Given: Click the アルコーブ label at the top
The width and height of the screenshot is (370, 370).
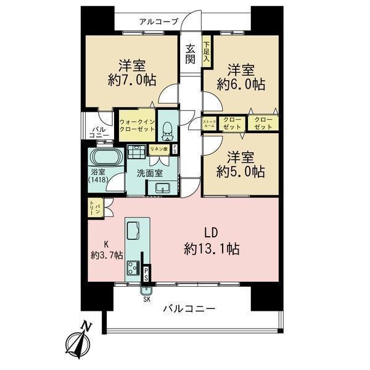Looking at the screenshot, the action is point(158,22).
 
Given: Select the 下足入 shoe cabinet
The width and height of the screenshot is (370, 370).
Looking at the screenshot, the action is point(207,51).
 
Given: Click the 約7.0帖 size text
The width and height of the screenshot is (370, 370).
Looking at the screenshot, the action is point(132,80).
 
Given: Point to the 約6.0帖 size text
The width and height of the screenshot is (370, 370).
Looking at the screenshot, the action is point(241,84).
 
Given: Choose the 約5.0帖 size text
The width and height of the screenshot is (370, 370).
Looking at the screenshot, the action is point(240,171).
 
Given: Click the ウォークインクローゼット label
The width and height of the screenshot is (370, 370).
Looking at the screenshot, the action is point(137,125).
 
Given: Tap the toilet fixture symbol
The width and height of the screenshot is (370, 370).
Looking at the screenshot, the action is point(168,131).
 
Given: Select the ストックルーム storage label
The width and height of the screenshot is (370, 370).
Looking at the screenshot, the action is point(209,124).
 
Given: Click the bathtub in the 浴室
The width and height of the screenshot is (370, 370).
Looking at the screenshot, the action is point(106,157).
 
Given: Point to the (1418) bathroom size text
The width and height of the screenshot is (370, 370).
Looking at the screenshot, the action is point(99,180).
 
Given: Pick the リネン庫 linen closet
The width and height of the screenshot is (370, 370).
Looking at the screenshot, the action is point(159,150).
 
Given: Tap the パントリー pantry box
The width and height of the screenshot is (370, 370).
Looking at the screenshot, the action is point(96,208).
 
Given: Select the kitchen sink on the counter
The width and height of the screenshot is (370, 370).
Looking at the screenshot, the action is point(133,230).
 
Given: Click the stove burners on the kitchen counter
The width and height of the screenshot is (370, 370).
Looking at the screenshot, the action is point(133,268).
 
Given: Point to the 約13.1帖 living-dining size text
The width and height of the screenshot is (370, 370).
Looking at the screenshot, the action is point(212,249).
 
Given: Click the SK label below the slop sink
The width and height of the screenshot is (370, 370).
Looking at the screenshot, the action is point(147,299).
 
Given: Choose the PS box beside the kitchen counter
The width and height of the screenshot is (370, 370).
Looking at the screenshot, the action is point(146,274).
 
